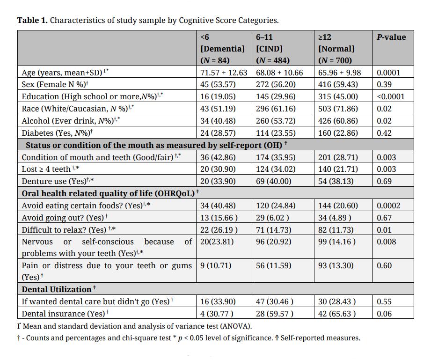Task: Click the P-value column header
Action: tap(391, 37)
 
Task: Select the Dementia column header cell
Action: tap(222, 49)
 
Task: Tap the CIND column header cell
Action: tap(273, 49)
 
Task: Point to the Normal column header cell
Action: tap(336, 49)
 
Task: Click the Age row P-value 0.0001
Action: tap(388, 73)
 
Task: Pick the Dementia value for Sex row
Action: tap(218, 84)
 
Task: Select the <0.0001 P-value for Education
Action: tap(391, 97)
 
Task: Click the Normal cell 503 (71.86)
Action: tap(338, 109)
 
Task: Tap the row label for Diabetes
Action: tap(57, 133)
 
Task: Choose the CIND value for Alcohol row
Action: tap(276, 121)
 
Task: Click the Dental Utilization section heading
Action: tap(58, 289)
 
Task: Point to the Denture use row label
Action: tap(58, 181)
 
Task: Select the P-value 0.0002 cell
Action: tap(388, 206)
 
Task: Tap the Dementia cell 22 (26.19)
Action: tap(219, 230)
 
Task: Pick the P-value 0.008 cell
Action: tap(387, 242)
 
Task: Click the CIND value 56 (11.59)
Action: tap(273, 265)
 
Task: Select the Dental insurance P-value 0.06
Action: tap(384, 314)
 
